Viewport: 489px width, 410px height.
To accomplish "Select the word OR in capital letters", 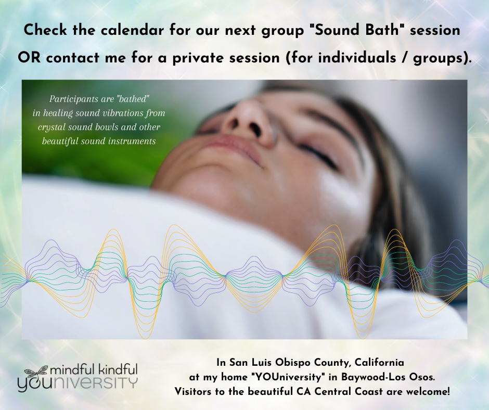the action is (29, 58).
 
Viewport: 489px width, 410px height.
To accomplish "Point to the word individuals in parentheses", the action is (357, 58).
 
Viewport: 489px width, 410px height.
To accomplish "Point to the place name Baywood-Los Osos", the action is (388, 377).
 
